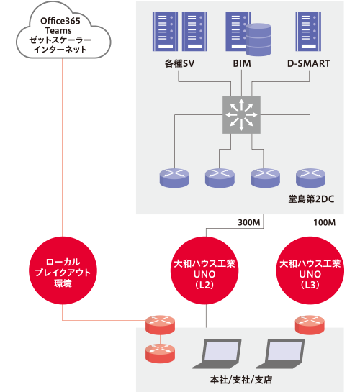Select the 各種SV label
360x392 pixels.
tap(179, 63)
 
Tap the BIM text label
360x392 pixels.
tap(242, 63)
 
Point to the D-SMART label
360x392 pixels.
tap(309, 63)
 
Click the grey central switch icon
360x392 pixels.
tap(241, 114)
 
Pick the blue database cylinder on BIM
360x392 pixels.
tap(258, 40)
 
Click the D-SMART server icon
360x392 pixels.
tap(308, 32)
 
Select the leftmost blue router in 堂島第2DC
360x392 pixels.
tap(174, 178)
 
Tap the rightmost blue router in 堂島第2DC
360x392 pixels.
tap(310, 178)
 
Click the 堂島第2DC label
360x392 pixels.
tap(311, 199)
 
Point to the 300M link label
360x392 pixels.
tap(249, 222)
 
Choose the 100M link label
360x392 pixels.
tap(325, 222)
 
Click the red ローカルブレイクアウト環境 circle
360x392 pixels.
tap(63, 270)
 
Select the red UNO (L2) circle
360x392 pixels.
tap(204, 270)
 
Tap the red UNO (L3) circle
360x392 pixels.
tap(310, 270)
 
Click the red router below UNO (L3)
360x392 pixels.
tap(310, 325)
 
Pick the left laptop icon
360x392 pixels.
tap(217, 353)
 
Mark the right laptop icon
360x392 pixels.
tap(281, 353)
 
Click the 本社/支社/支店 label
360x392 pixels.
tap(241, 380)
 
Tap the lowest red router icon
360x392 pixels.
tap(160, 353)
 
